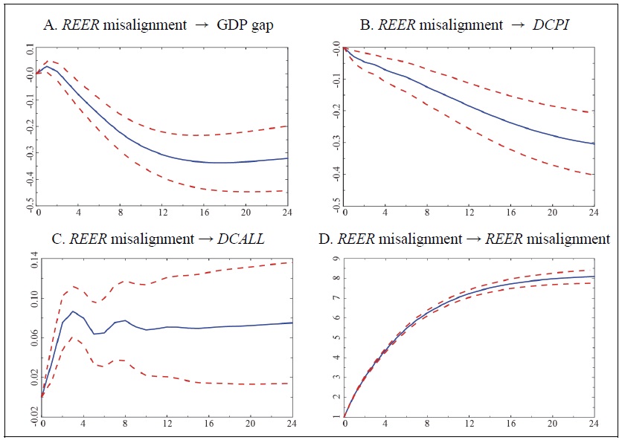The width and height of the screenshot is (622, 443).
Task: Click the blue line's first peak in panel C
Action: point(73,311)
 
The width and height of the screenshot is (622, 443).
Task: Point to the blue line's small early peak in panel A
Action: point(47,66)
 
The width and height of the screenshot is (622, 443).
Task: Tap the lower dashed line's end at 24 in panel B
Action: point(594,175)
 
